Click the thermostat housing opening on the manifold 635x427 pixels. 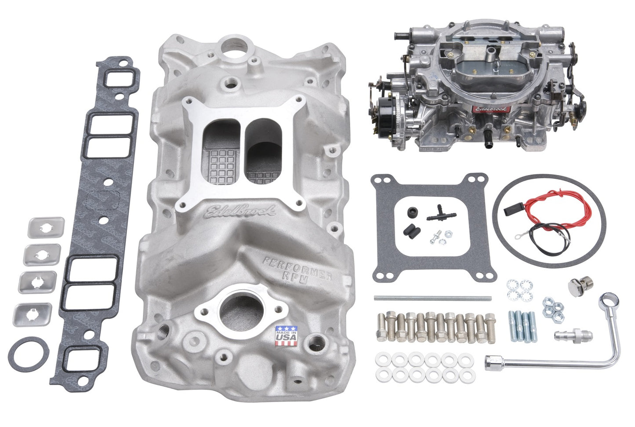[x=234, y=310]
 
